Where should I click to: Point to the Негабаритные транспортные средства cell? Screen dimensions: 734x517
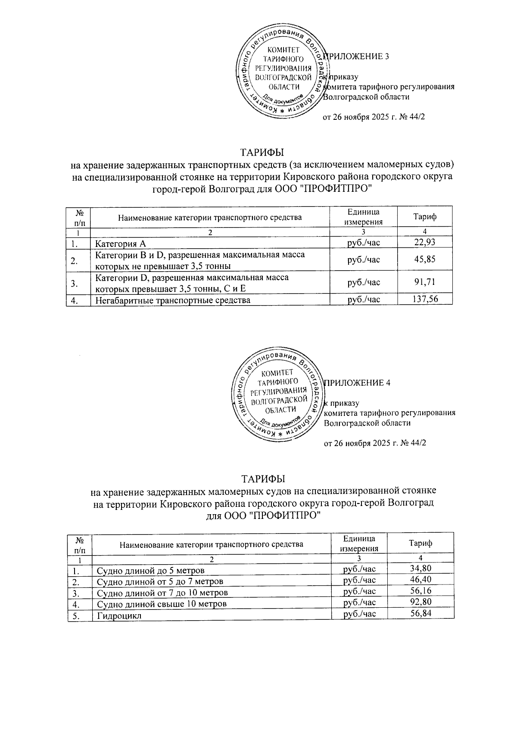pyautogui.click(x=173, y=300)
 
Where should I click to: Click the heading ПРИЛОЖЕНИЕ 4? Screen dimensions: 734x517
pyautogui.click(x=358, y=383)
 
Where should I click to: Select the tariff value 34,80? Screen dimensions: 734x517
pyautogui.click(x=421, y=569)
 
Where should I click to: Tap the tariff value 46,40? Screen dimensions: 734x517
pyautogui.click(x=421, y=580)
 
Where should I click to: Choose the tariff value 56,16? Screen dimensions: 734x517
pyautogui.click(x=421, y=591)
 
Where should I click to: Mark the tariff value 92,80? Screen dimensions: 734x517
pyautogui.click(x=421, y=602)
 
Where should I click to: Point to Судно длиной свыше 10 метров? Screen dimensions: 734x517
pyautogui.click(x=162, y=604)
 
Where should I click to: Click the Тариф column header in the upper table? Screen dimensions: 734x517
pyautogui.click(x=425, y=217)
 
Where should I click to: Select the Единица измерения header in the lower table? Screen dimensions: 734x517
pyautogui.click(x=359, y=543)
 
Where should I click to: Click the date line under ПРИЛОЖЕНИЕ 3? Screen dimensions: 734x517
pyautogui.click(x=374, y=117)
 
